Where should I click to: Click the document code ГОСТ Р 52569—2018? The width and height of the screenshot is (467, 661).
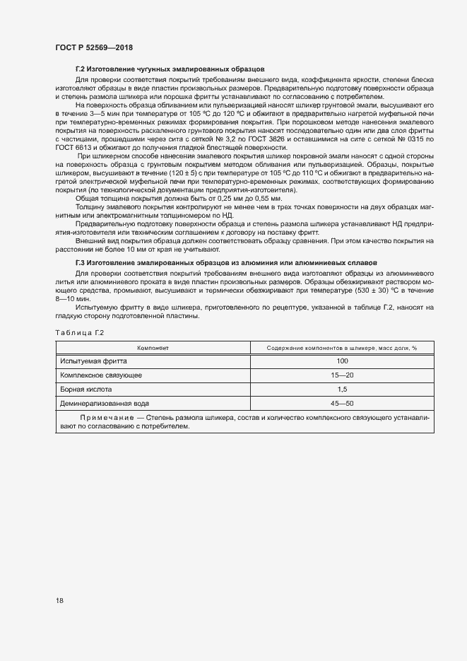93,47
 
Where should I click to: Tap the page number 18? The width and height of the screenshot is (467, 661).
59,600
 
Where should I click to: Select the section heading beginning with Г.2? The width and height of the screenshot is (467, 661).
170,70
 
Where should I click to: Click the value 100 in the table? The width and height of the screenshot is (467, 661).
342,361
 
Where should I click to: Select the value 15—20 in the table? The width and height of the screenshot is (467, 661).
342,375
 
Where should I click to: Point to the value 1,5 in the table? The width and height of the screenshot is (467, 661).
342,389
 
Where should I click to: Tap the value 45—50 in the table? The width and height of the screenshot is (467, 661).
342,403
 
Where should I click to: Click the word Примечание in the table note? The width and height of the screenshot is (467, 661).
105,418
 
